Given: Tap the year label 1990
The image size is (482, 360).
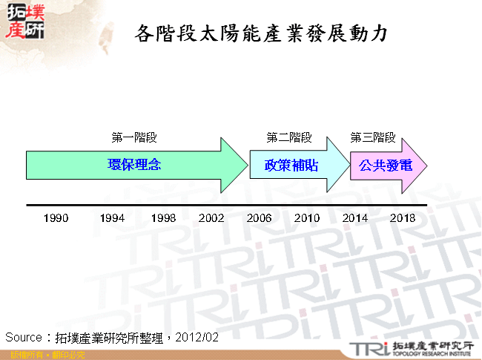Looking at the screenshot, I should (56, 218).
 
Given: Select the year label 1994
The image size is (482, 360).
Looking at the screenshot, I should (112, 218).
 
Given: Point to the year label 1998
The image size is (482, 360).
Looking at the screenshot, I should (163, 218).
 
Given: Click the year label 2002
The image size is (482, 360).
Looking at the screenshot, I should (211, 218).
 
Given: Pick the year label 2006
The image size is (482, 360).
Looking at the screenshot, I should (259, 218).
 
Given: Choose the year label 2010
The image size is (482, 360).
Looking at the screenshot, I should (306, 218).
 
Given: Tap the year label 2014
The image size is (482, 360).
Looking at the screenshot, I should (354, 218).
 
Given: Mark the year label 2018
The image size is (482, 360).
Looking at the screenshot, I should (403, 218).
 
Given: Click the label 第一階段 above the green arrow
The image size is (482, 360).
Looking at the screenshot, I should (134, 137).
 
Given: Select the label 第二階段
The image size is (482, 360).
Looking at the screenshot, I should (289, 137).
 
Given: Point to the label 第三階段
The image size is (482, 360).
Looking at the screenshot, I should (372, 137).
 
